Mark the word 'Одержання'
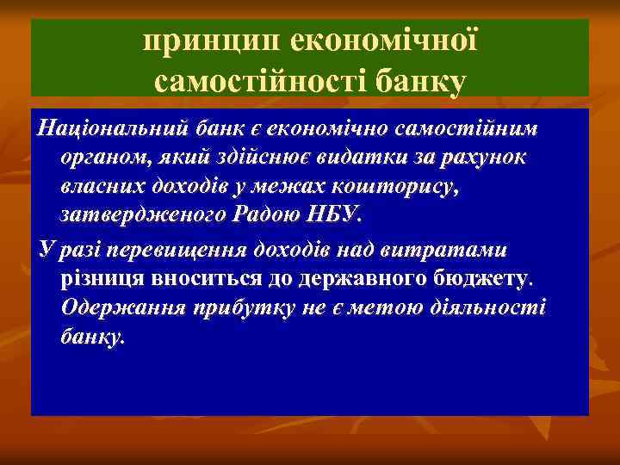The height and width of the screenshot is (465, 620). pyautogui.click(x=118, y=309)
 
